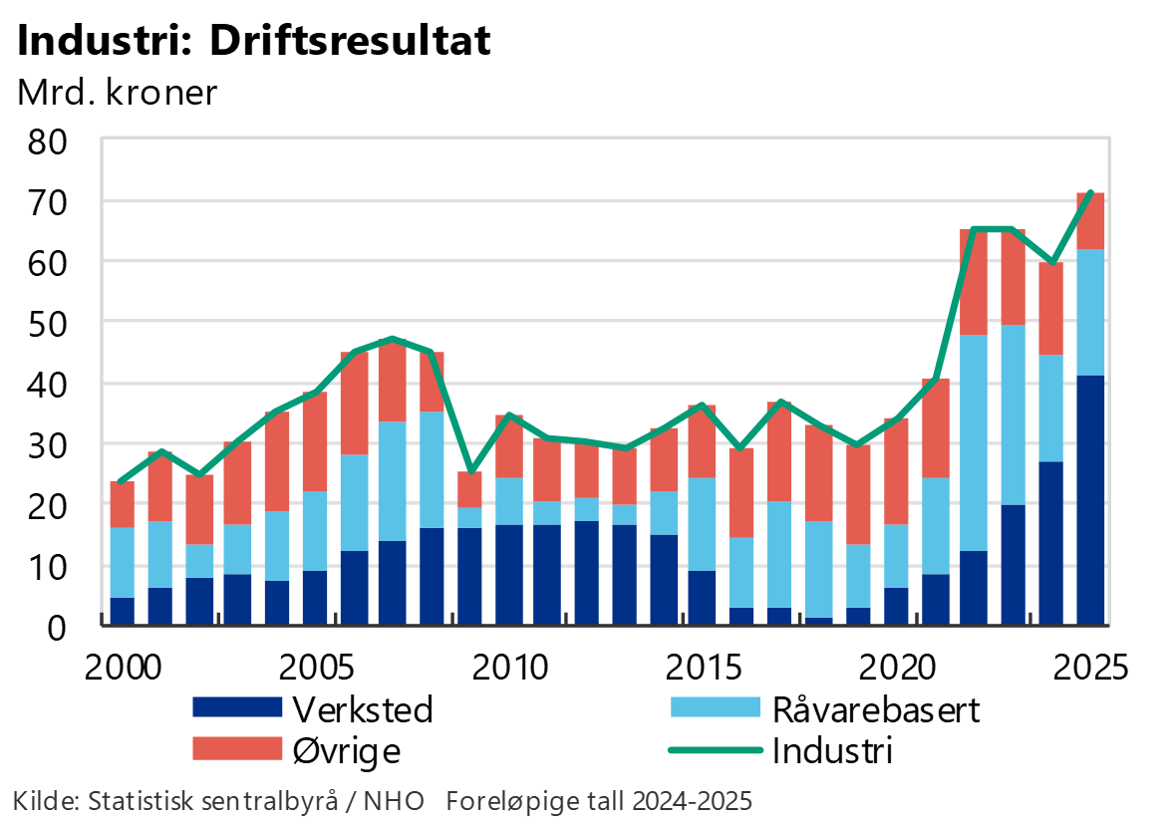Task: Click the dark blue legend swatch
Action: click(x=237, y=707)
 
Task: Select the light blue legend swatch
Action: click(x=715, y=707)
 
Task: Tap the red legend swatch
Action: click(x=237, y=748)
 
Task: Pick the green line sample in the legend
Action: click(x=715, y=749)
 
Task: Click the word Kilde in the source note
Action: click(x=44, y=801)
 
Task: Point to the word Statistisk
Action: click(x=135, y=801)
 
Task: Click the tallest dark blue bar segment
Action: click(x=1091, y=498)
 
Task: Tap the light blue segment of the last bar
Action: click(x=1091, y=312)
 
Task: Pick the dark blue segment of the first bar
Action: click(x=122, y=611)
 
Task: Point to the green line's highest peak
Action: click(x=1093, y=191)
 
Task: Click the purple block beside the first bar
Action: click(x=142, y=611)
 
